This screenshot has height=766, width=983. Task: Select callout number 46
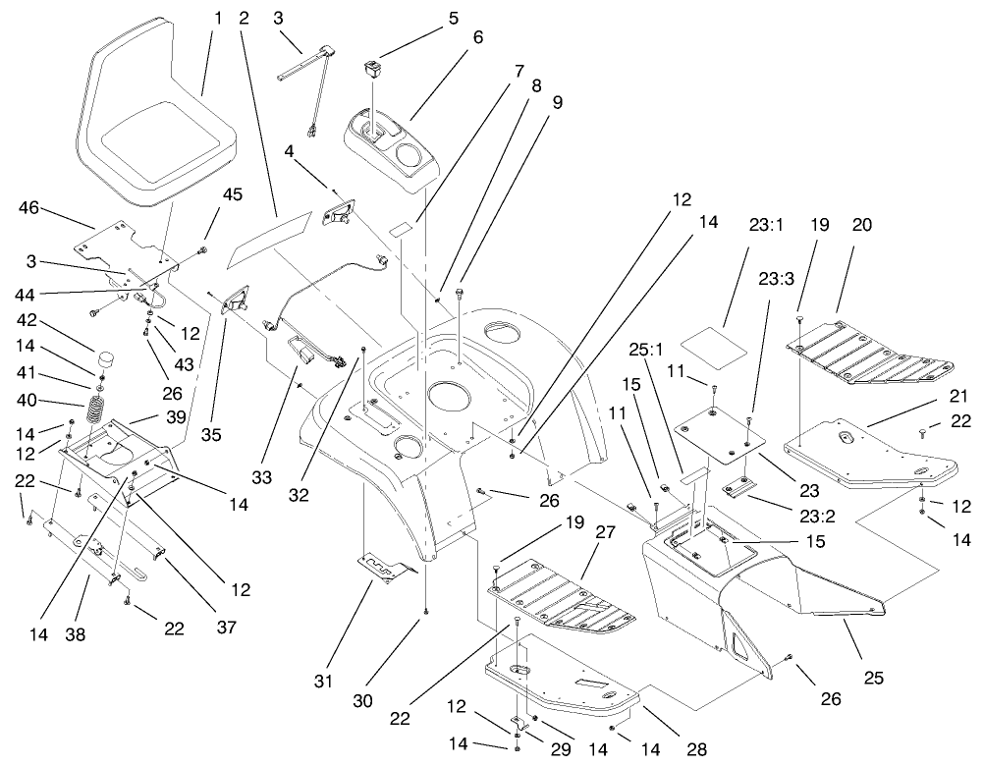[28, 207]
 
